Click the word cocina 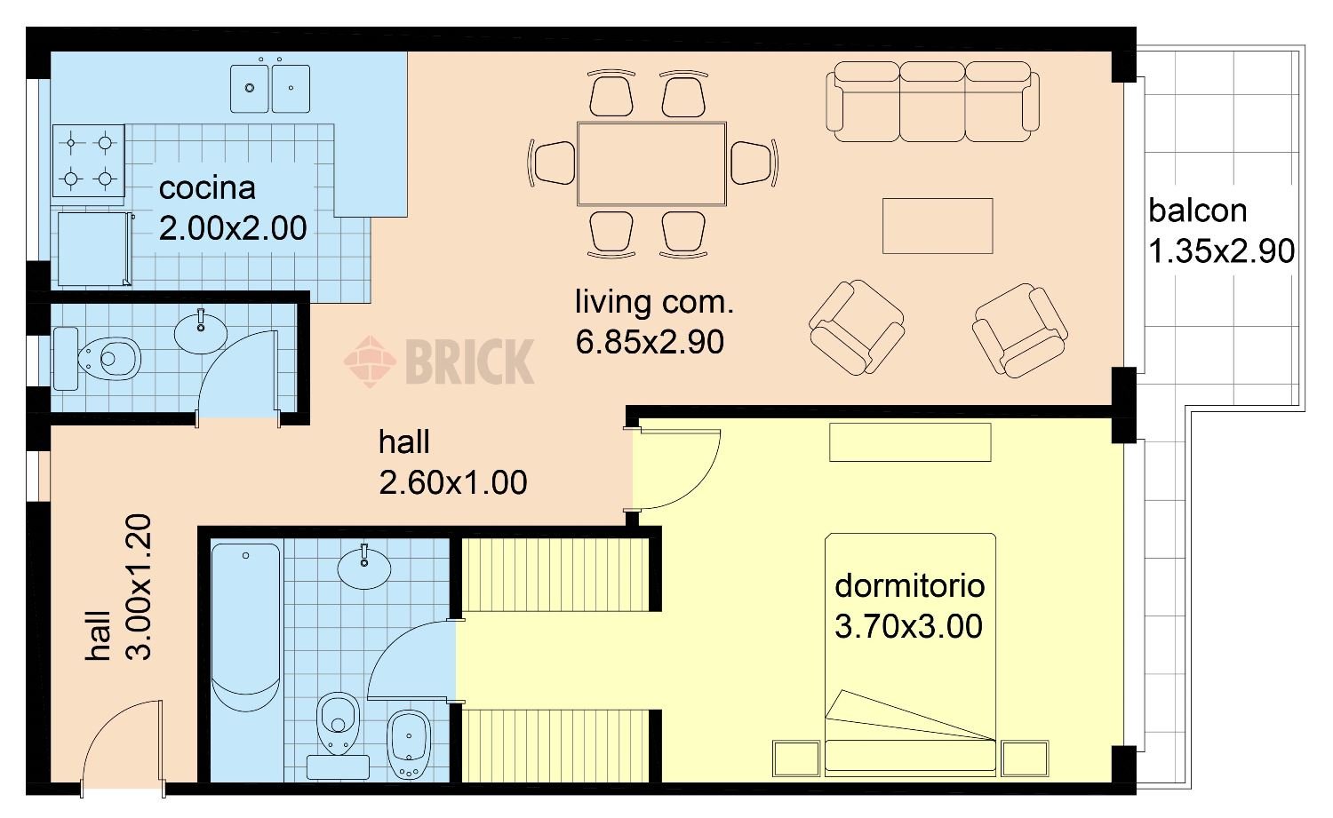207,188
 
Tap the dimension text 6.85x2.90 650,342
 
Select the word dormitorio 910,586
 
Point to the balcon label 1197,211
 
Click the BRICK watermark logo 439,361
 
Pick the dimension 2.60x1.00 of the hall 453,482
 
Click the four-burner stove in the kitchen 89,161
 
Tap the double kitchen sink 270,88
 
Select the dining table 651,164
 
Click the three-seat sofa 932,102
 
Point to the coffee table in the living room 938,226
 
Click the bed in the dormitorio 910,655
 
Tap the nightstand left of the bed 796,758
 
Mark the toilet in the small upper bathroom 98,359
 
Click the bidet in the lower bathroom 409,744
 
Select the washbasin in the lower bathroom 364,567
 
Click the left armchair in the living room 857,327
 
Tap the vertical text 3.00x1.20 140,586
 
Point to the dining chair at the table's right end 754,163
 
